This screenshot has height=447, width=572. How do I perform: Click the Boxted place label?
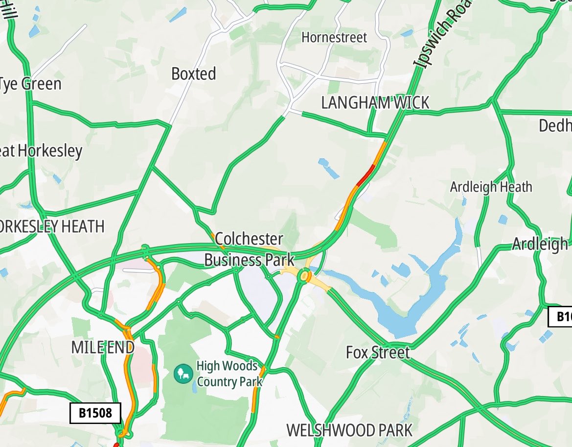click(x=193, y=74)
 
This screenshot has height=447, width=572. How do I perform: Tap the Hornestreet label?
click(x=334, y=37)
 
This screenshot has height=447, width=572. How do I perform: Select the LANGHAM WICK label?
click(x=375, y=103)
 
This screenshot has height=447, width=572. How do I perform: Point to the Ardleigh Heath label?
click(x=491, y=187)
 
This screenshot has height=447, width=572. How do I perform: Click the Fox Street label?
click(x=377, y=352)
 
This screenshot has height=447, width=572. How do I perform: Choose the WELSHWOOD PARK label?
click(x=349, y=430)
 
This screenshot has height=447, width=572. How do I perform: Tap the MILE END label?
click(x=102, y=348)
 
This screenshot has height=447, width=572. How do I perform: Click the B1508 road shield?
click(x=95, y=413)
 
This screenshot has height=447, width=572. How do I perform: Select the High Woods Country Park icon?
click(x=183, y=374)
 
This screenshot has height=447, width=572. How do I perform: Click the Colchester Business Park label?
click(x=249, y=249)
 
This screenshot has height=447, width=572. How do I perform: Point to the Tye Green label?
click(x=30, y=84)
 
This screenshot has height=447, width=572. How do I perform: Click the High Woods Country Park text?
click(x=227, y=373)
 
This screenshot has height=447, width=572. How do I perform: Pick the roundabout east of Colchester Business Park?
click(x=305, y=276)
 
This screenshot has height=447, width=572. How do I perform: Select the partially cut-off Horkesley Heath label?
click(x=52, y=226)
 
